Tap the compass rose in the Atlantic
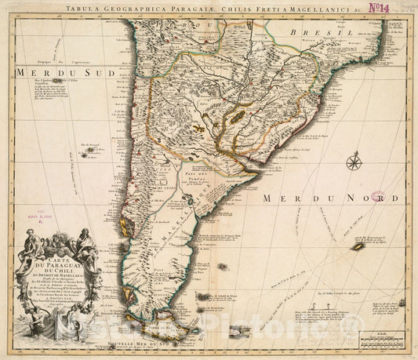354,162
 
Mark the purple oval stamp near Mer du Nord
377,198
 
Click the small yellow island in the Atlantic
358,246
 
